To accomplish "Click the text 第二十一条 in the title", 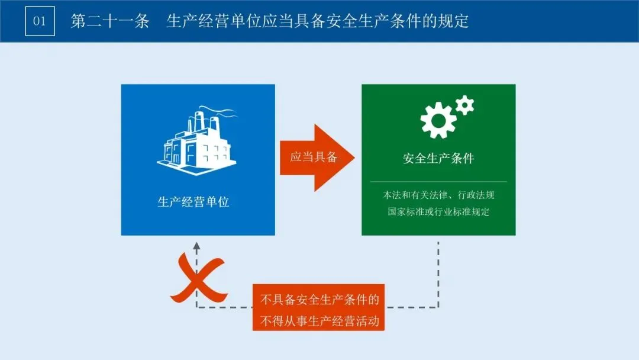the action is click(x=109, y=22).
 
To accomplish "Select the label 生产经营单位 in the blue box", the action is click(x=193, y=201).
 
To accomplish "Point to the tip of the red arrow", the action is click(x=353, y=157).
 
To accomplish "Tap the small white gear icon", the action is click(x=465, y=105).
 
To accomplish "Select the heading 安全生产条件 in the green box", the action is click(x=438, y=159).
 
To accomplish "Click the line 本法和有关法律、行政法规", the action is click(x=438, y=195).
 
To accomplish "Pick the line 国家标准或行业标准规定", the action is click(x=438, y=211).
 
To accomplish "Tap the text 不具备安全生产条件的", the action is click(x=319, y=300).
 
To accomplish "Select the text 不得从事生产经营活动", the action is click(x=319, y=322).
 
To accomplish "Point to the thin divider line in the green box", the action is click(x=438, y=181).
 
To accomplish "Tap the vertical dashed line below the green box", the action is click(x=438, y=272).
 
